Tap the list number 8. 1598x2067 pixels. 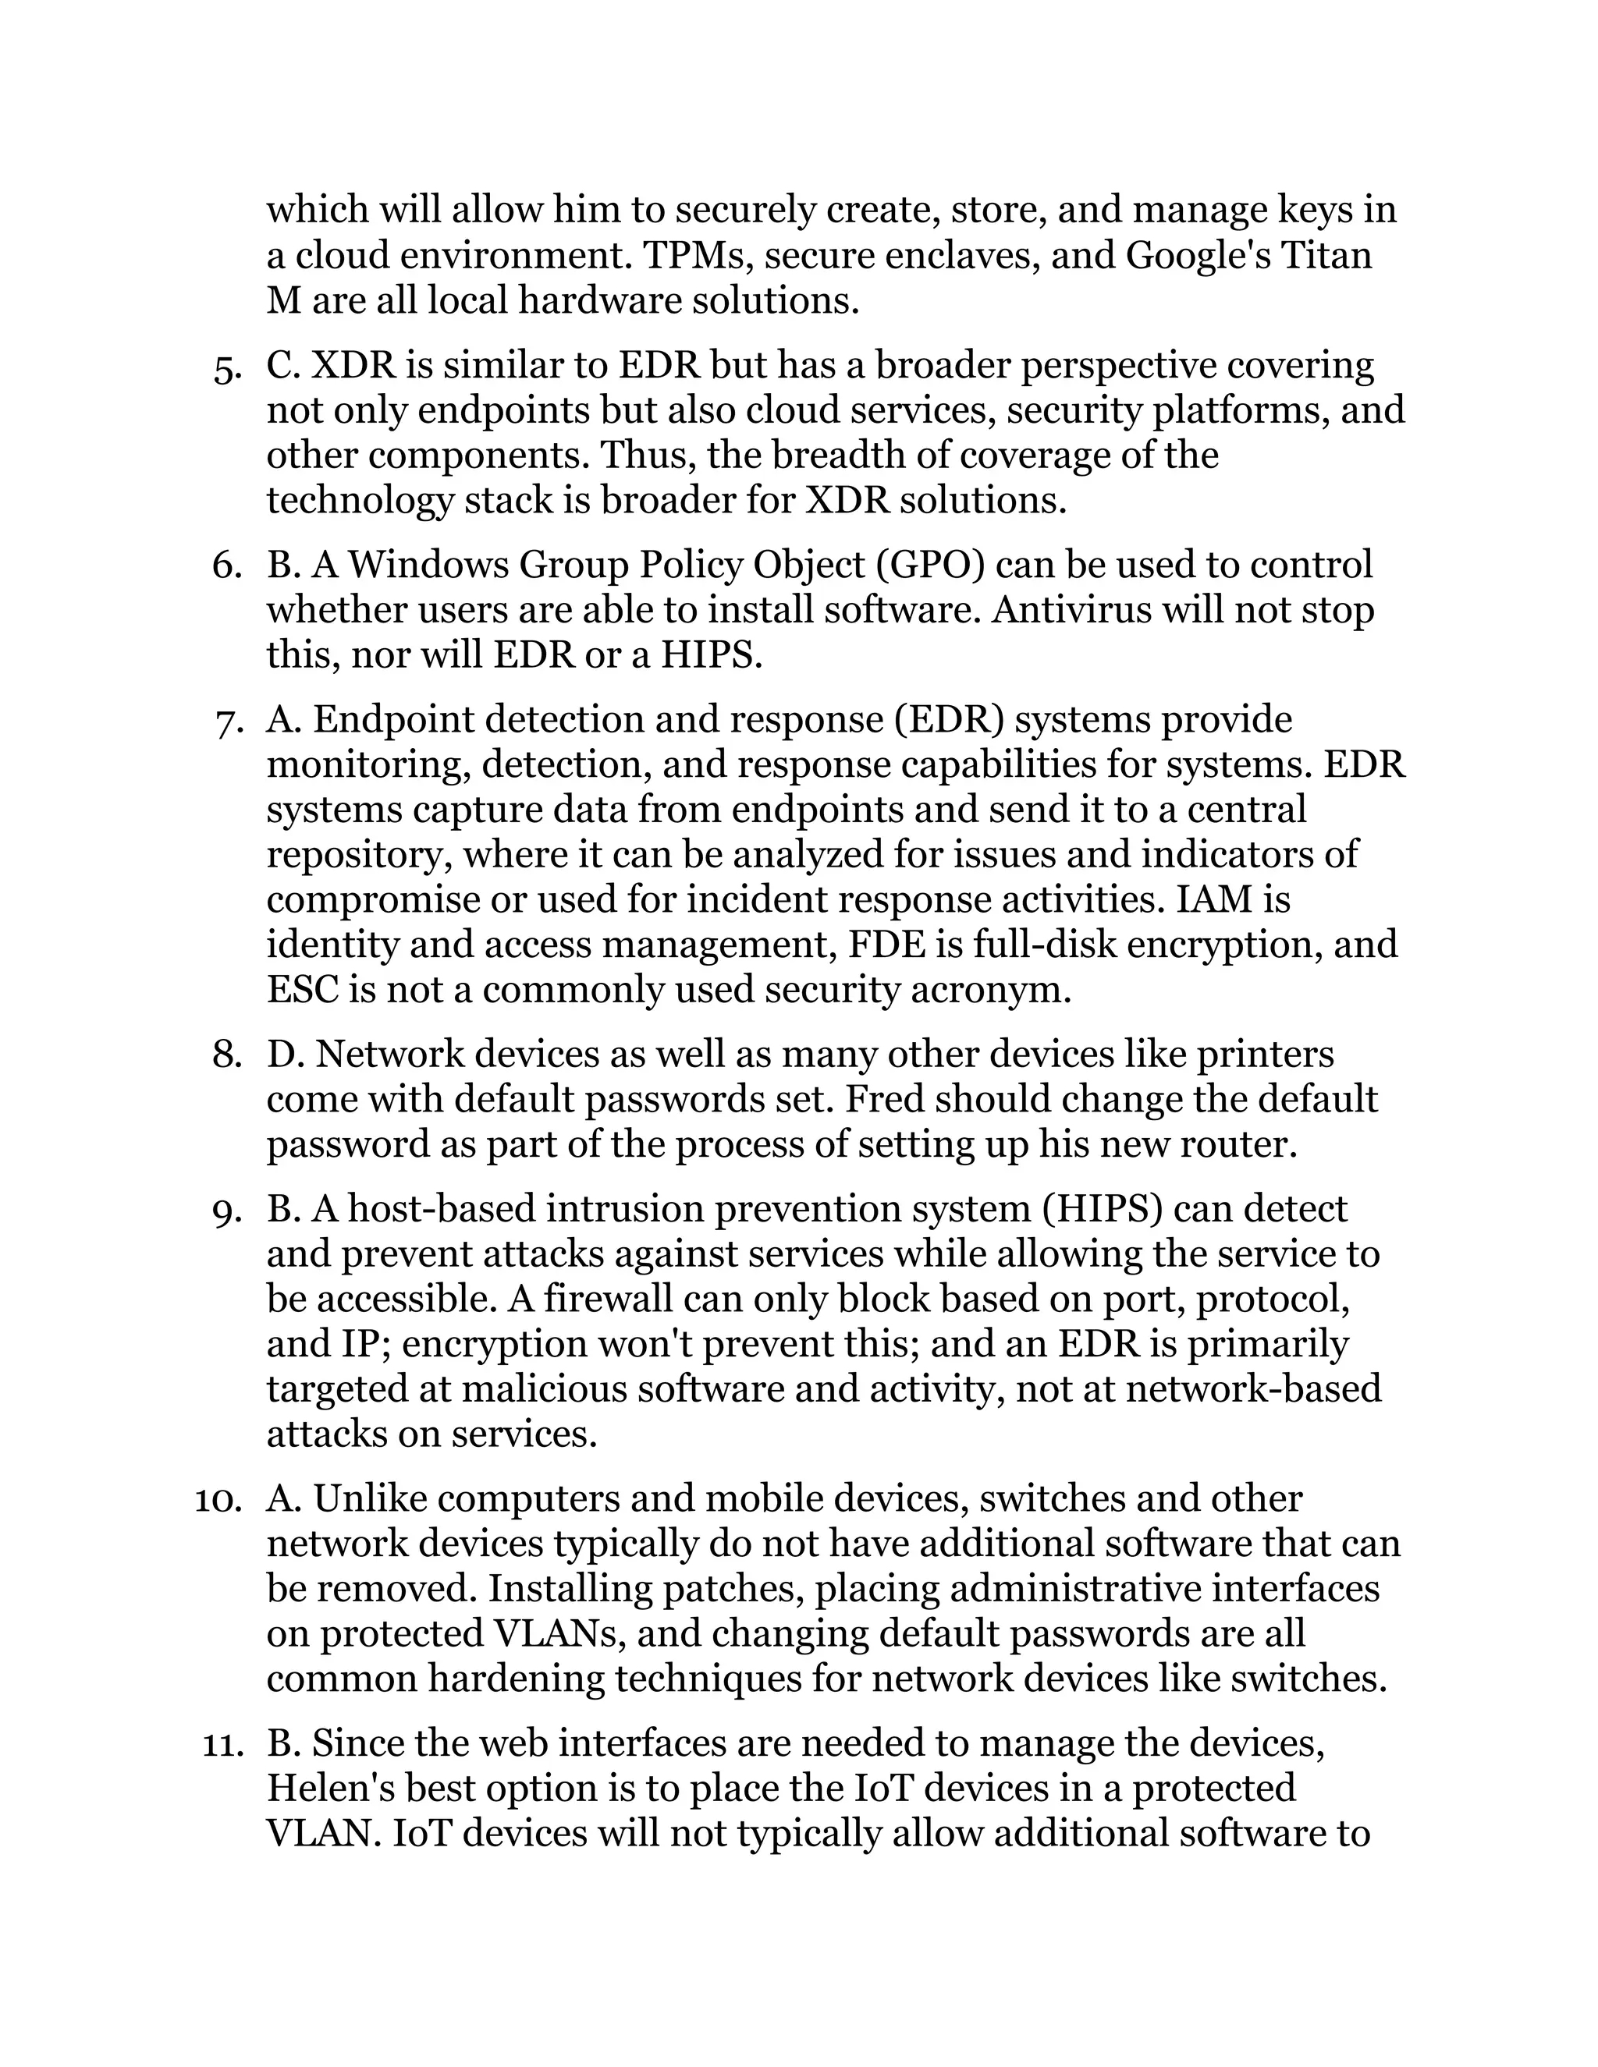coord(228,1055)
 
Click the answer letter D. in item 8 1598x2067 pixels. coord(285,1055)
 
